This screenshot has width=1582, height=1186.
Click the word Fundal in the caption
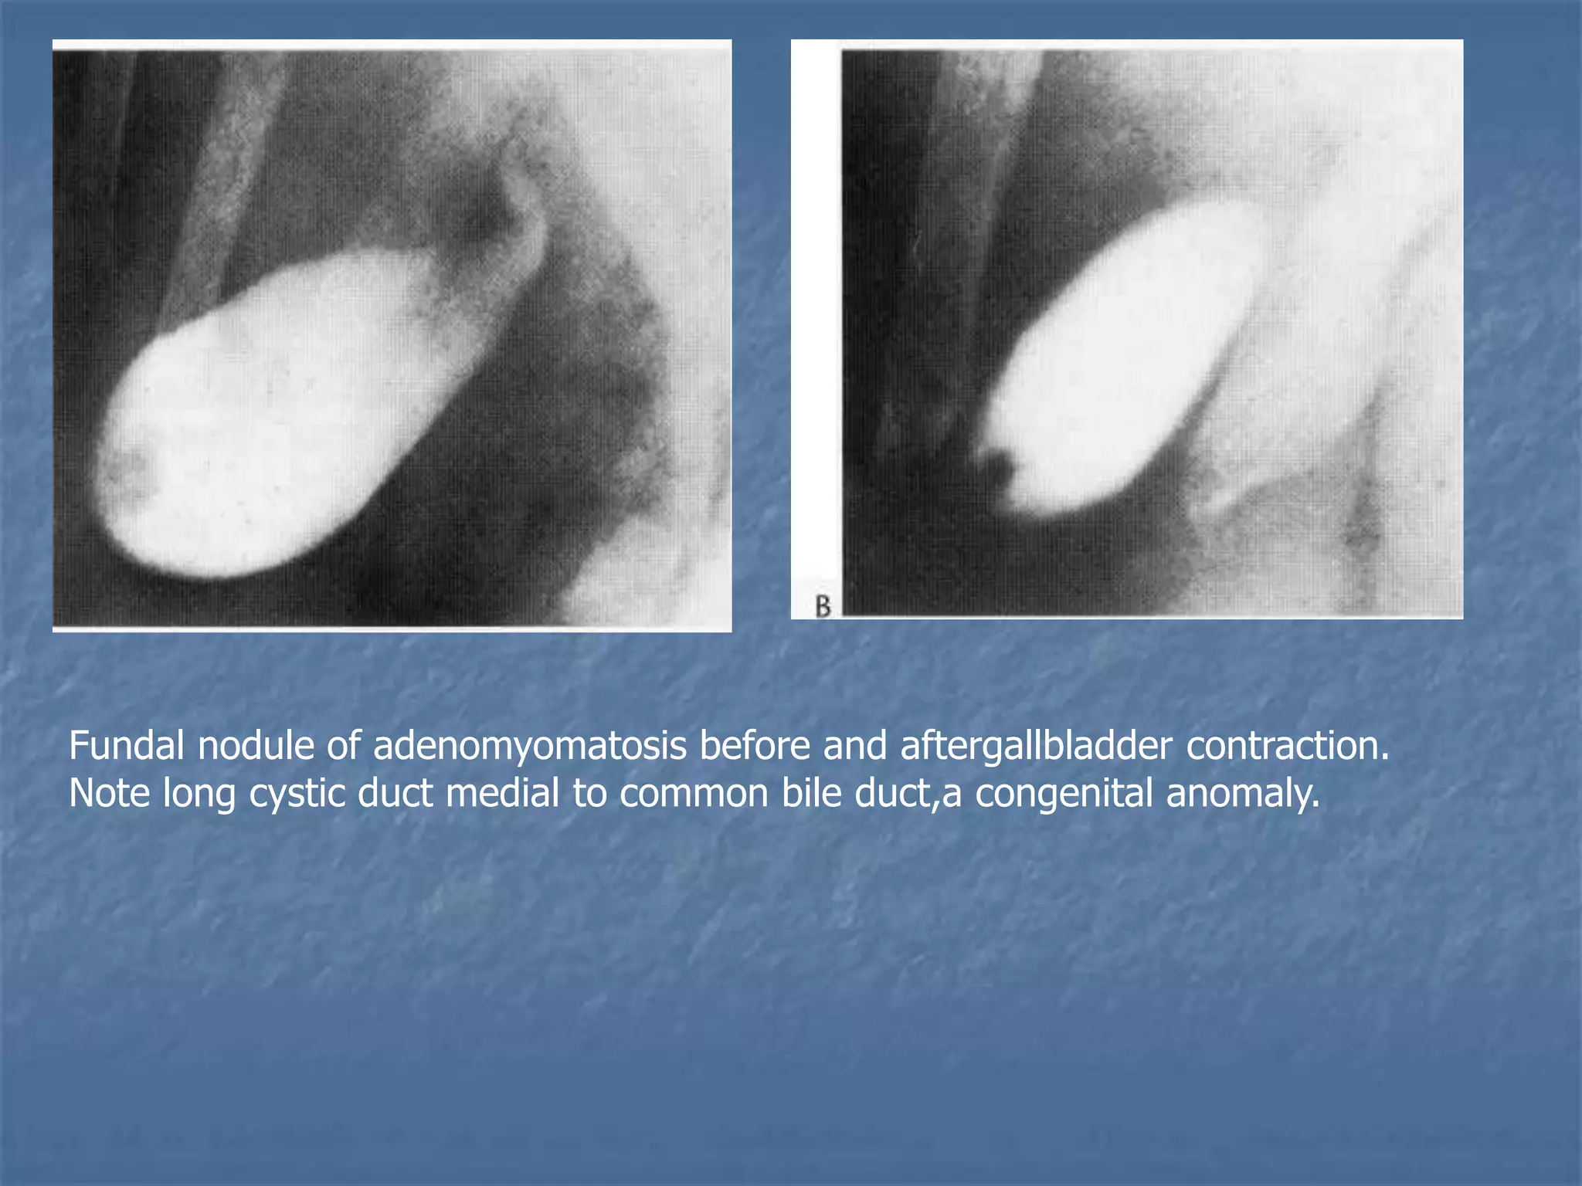coord(127,746)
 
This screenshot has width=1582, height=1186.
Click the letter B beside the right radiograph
coord(823,606)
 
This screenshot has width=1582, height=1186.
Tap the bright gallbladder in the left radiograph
coord(278,417)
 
